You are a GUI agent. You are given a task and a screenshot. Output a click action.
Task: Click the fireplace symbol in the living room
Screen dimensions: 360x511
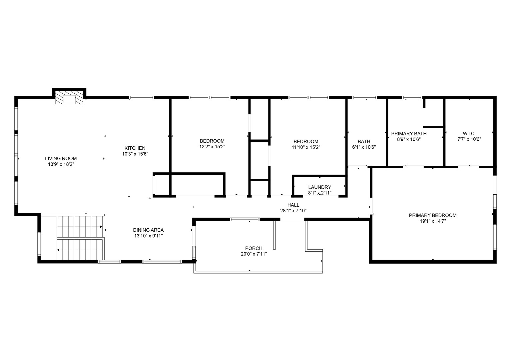coord(69,99)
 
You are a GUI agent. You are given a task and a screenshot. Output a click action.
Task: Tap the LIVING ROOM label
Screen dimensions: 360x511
coord(61,158)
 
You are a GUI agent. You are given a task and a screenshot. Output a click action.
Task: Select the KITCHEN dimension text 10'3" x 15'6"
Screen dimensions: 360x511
coord(135,154)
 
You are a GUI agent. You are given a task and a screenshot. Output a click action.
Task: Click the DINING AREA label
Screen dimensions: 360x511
coord(148,230)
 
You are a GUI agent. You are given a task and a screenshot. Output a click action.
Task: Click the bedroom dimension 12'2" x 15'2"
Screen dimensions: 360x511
coord(212,147)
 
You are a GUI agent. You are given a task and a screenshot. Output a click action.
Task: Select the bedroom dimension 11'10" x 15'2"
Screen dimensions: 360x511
coord(306,147)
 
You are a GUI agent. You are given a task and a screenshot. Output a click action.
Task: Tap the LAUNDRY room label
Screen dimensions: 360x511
coord(319,187)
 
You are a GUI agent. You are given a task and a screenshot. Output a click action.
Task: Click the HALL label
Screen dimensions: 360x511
coord(293,205)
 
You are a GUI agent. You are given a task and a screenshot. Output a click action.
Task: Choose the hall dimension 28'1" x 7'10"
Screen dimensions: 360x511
coord(293,211)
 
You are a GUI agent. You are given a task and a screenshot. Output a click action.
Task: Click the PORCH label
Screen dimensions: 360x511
coord(254,248)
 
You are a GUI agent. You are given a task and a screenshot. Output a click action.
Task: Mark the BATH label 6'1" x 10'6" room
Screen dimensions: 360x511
coord(364,141)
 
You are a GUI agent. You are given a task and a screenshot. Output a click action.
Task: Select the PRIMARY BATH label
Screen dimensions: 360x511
coord(409,134)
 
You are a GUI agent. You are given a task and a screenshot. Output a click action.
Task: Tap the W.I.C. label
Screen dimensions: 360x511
coord(469,134)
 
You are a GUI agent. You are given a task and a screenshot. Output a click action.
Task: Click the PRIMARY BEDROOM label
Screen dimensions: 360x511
coord(433,215)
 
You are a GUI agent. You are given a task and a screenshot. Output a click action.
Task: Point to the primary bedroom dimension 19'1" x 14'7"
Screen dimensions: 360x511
coord(433,221)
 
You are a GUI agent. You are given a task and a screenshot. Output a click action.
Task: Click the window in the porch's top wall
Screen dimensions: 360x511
coord(245,219)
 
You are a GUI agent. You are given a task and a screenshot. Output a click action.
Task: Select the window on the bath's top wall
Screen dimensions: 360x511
coord(364,98)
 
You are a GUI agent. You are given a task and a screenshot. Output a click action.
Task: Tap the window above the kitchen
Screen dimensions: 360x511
coord(142,98)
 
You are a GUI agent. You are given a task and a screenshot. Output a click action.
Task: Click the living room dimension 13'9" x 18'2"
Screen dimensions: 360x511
coord(61,164)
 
